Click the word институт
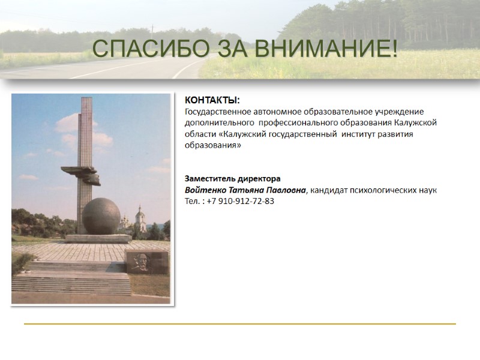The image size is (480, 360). tap(359, 134)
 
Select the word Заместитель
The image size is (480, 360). tap(209, 179)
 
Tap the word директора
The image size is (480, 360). tap(258, 179)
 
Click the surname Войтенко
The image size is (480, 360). tap(205, 190)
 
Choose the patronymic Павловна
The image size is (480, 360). tap(287, 190)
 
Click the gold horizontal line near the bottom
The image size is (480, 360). tap(240, 324)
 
